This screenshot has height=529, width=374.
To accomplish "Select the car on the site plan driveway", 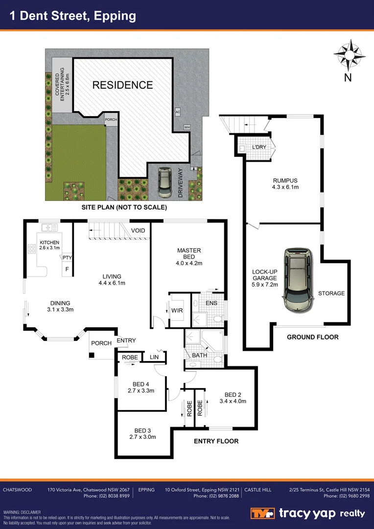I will (164, 182).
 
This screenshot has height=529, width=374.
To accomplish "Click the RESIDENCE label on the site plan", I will (122, 85).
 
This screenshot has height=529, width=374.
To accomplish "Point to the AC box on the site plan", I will (178, 112).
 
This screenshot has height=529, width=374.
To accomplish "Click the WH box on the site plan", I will (187, 127).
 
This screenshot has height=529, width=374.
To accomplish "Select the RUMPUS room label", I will (285, 180).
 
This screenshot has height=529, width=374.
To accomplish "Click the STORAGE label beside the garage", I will (331, 293).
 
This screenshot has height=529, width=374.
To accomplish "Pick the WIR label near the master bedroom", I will (177, 310).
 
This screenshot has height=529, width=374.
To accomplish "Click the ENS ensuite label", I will (211, 304).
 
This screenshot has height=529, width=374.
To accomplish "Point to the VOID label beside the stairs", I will (138, 231).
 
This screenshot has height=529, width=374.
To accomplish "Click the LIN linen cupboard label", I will (154, 358).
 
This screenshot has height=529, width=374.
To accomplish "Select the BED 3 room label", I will (142, 431).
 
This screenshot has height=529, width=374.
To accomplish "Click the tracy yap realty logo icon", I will (263, 514).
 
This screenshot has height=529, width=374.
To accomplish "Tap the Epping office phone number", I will (216, 496).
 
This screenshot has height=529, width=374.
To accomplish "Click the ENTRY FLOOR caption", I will (216, 441).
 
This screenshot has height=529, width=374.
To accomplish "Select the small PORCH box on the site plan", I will (111, 119).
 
